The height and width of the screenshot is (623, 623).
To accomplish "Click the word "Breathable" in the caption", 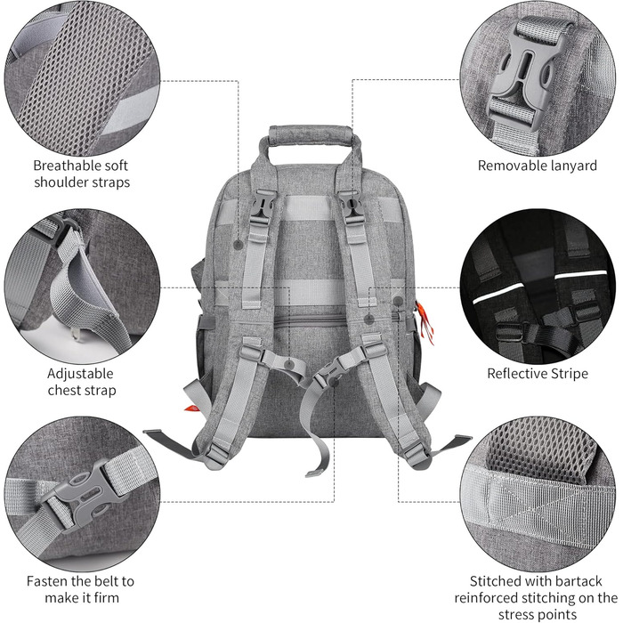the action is coord(63,166).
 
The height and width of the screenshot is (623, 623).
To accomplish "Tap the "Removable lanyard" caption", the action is coord(538,166).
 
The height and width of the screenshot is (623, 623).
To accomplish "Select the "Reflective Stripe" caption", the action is coord(538,374).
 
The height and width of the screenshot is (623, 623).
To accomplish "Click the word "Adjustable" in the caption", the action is coord(80,374).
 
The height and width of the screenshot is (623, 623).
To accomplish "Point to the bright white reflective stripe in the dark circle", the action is coord(540,286).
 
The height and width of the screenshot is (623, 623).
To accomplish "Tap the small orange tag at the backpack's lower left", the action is coord(192,409).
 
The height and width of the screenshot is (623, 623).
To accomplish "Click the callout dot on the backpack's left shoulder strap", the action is coord(238,245).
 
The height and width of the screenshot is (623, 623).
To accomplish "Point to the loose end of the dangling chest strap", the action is coord(315,473).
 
